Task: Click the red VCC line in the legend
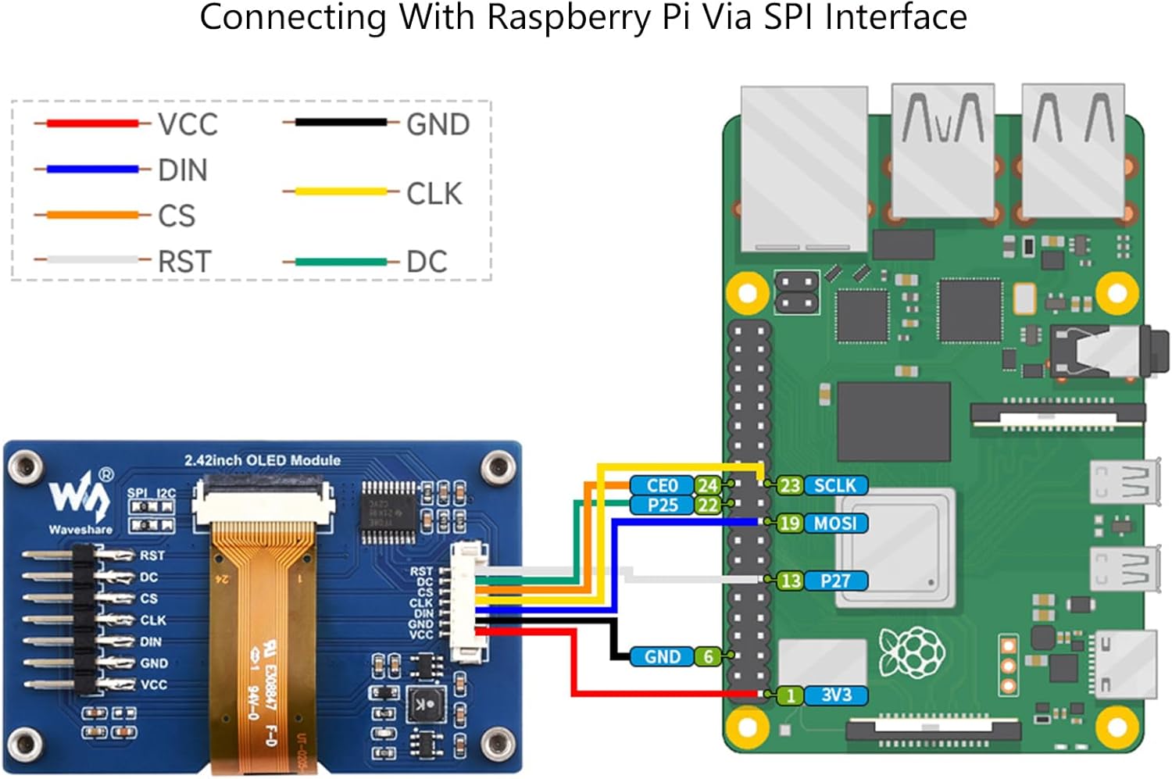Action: [x=92, y=123]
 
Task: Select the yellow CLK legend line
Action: [x=341, y=191]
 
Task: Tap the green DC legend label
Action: [x=427, y=262]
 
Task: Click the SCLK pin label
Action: [x=835, y=485]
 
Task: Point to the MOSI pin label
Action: [x=835, y=523]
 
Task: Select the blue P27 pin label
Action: [x=835, y=581]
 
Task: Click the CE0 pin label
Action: [x=662, y=485]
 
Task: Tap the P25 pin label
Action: [x=662, y=505]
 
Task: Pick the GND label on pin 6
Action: [x=662, y=656]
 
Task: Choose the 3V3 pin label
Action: [x=835, y=695]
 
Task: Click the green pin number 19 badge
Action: [x=789, y=523]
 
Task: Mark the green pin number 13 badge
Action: [x=790, y=581]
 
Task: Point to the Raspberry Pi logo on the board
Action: [x=911, y=652]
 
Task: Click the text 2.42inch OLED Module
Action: [x=262, y=460]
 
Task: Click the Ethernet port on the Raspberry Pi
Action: [x=804, y=168]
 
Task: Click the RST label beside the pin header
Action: [x=152, y=556]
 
